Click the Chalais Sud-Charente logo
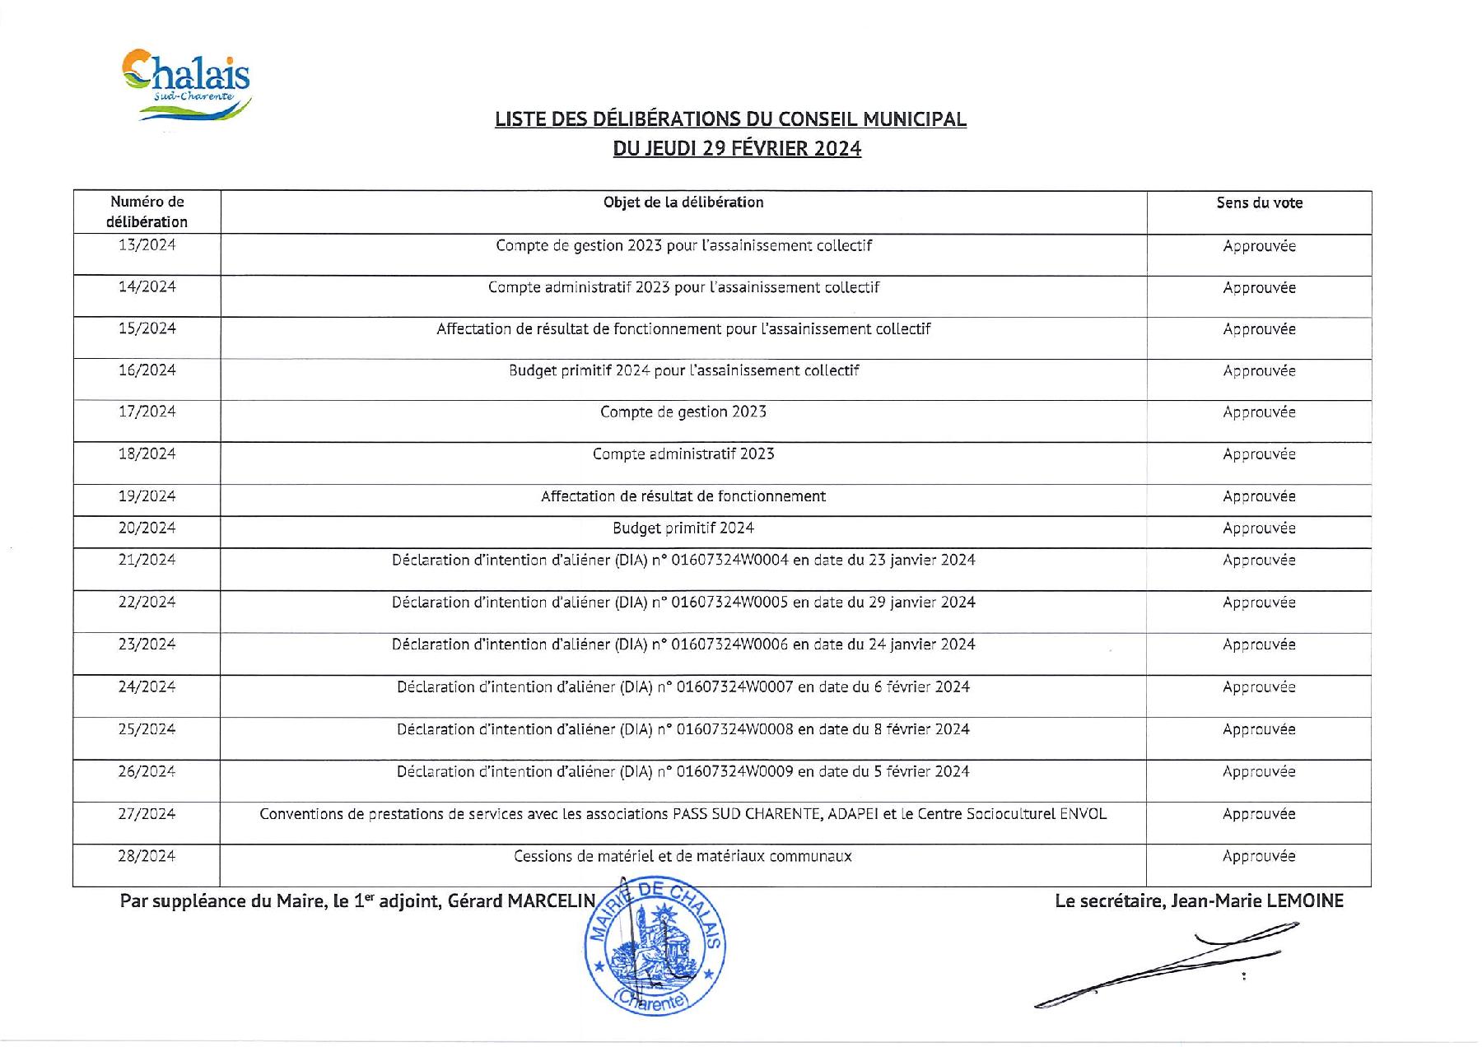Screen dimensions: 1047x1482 point(188,86)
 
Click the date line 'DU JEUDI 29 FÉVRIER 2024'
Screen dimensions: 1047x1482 point(737,149)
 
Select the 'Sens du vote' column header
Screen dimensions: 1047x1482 point(1259,203)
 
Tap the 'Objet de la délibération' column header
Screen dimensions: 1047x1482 point(683,202)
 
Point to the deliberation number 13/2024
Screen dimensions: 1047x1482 point(147,245)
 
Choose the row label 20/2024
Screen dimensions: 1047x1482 point(147,528)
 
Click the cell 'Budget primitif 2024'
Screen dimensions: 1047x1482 point(683,528)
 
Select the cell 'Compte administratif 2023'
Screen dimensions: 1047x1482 point(683,454)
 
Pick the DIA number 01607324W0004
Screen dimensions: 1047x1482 point(730,561)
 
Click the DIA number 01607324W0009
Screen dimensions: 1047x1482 point(734,772)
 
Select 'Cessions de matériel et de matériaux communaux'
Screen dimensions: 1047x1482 point(683,857)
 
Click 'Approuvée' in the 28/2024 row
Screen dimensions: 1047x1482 point(1259,857)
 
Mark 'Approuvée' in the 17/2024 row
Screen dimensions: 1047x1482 point(1259,412)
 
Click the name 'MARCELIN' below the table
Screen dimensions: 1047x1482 point(550,901)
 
